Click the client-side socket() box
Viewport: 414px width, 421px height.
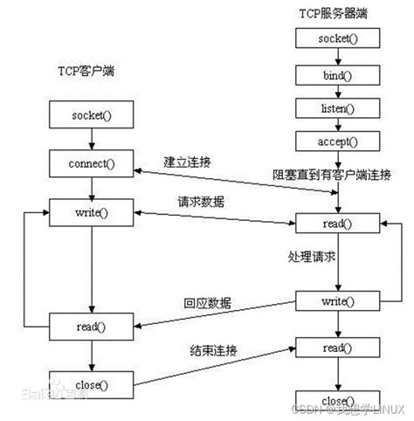92,114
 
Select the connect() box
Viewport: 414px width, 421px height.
92,162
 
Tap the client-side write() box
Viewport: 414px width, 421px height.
92,212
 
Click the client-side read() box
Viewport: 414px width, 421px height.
92,327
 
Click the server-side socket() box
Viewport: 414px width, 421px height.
336,38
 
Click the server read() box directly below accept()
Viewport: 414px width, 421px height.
336,223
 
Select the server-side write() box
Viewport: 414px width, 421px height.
336,301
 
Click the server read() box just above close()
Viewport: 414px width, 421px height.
336,348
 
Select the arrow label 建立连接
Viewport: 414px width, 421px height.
188,162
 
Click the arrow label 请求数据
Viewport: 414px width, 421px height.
202,202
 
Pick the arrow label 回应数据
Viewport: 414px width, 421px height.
207,302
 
